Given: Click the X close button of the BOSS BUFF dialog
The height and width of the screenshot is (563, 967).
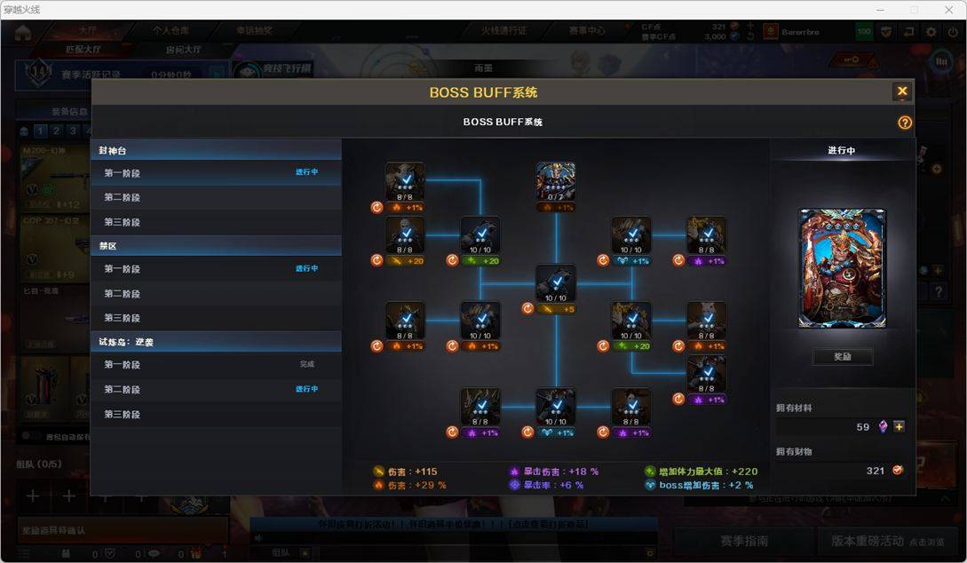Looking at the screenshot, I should (x=902, y=91).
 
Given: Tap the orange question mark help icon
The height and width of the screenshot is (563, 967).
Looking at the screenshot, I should (x=905, y=123).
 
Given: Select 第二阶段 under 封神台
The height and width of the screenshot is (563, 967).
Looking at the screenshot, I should (x=123, y=197).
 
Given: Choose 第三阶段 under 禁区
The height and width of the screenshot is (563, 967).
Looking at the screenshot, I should (x=123, y=318).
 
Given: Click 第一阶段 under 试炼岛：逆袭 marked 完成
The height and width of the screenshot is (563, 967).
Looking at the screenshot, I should (x=123, y=364).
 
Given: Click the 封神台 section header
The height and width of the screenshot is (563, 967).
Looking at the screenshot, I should (x=113, y=151).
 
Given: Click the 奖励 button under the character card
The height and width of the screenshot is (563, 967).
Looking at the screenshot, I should (x=842, y=357).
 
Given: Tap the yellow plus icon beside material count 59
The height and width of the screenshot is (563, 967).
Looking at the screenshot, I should (x=900, y=427).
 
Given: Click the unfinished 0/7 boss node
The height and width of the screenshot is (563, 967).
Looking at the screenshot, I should (x=556, y=181).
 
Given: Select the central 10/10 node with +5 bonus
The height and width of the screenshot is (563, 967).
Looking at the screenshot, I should (x=556, y=284).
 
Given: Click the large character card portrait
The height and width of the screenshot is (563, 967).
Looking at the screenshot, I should (x=842, y=269).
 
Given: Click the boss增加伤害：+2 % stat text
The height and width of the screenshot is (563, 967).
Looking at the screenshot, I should (x=706, y=485).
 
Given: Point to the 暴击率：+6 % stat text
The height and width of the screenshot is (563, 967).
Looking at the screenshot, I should (x=552, y=485).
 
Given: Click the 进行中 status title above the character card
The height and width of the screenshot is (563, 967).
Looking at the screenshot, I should (x=841, y=151).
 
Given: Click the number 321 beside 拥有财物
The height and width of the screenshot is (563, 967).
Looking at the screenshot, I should (x=876, y=471).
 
